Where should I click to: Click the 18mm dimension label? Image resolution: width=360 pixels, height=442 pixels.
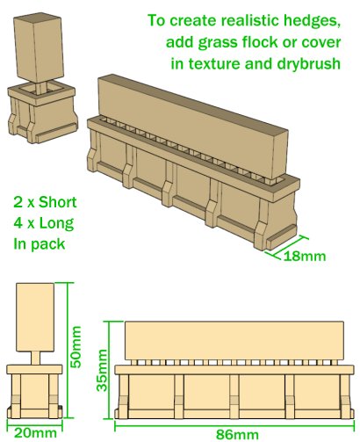pyautogui.click(x=305, y=256)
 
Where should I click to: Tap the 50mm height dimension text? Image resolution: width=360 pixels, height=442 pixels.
pyautogui.click(x=76, y=347)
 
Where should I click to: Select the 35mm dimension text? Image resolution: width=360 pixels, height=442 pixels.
pyautogui.click(x=102, y=371)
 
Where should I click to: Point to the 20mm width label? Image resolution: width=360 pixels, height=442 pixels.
pyautogui.click(x=35, y=433)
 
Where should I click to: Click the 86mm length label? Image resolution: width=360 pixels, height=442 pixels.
pyautogui.click(x=237, y=435)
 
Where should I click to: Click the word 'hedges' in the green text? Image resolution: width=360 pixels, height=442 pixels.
pyautogui.click(x=312, y=21)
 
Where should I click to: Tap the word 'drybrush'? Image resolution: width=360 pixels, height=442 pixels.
pyautogui.click(x=308, y=63)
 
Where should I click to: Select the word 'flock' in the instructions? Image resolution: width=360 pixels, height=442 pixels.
pyautogui.click(x=260, y=42)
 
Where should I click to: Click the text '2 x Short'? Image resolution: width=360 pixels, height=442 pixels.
pyautogui.click(x=45, y=202)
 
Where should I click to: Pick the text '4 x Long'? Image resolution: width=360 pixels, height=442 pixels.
pyautogui.click(x=44, y=223)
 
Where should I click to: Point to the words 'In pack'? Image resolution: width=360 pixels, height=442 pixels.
pyautogui.click(x=39, y=243)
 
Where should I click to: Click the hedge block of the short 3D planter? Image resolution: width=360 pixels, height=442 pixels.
pyautogui.click(x=39, y=47)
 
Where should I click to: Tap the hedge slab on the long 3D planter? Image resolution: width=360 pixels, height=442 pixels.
pyautogui.click(x=192, y=126)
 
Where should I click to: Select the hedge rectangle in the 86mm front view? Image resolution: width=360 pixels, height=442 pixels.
pyautogui.click(x=234, y=341)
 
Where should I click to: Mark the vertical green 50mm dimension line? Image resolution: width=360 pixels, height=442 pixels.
pyautogui.click(x=68, y=351)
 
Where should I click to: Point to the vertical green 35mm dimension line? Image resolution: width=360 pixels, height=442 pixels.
pyautogui.click(x=110, y=370)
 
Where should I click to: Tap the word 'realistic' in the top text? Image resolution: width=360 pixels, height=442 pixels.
pyautogui.click(x=249, y=20)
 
